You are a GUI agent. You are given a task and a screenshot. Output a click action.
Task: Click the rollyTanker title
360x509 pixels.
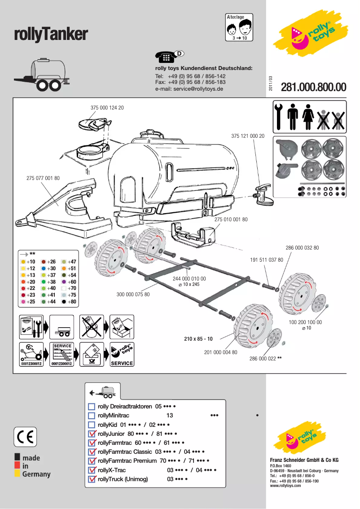51,34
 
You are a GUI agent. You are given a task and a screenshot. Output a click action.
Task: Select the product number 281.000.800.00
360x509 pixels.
313,87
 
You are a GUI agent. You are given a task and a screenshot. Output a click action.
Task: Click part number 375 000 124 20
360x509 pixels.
107,108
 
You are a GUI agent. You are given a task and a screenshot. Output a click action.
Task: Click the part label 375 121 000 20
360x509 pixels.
248,136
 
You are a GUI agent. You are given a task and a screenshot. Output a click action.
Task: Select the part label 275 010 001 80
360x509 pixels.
231,219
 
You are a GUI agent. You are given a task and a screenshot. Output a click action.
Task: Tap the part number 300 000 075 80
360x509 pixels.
133,294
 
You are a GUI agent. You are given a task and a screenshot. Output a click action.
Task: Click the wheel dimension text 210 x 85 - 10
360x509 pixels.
198,338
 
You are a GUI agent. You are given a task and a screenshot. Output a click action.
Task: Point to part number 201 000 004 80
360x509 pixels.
220,352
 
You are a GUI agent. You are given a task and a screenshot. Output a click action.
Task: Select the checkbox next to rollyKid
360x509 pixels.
92,425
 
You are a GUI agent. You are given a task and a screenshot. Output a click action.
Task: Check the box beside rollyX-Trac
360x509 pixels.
92,470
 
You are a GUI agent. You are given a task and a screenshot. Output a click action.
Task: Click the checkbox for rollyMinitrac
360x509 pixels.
92,416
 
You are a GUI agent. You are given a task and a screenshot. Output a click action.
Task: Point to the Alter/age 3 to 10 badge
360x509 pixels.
239,27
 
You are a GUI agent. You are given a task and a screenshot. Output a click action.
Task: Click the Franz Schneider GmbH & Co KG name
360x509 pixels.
304,461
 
